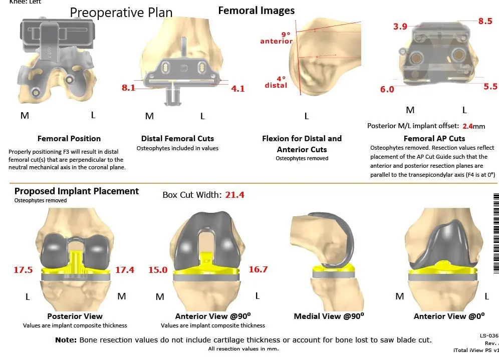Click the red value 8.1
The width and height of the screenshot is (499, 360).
pyautogui.click(x=128, y=88)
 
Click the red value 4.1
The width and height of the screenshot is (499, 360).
pyautogui.click(x=238, y=89)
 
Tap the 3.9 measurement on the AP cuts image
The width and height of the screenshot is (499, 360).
pyautogui.click(x=400, y=27)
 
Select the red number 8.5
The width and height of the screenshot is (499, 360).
pyautogui.click(x=485, y=21)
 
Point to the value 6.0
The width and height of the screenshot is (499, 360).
pyautogui.click(x=387, y=89)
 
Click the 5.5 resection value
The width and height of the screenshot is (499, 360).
pyautogui.click(x=490, y=86)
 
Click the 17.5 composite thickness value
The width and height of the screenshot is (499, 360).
pyautogui.click(x=23, y=270)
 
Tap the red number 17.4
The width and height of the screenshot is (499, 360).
pyautogui.click(x=125, y=270)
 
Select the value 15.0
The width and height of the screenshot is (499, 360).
pyautogui.click(x=158, y=270)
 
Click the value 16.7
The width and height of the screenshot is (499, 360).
pyautogui.click(x=258, y=269)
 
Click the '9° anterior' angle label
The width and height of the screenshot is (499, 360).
pyautogui.click(x=277, y=38)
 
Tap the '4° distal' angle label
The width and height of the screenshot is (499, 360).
pyautogui.click(x=276, y=82)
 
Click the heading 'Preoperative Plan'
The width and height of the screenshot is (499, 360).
pyautogui.click(x=121, y=12)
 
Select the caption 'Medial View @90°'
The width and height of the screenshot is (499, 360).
pyautogui.click(x=328, y=316)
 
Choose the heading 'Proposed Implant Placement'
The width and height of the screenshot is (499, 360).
pyautogui.click(x=77, y=191)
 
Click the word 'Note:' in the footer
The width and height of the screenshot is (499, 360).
pyautogui.click(x=66, y=339)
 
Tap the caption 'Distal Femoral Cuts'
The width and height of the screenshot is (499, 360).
pyautogui.click(x=177, y=138)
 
